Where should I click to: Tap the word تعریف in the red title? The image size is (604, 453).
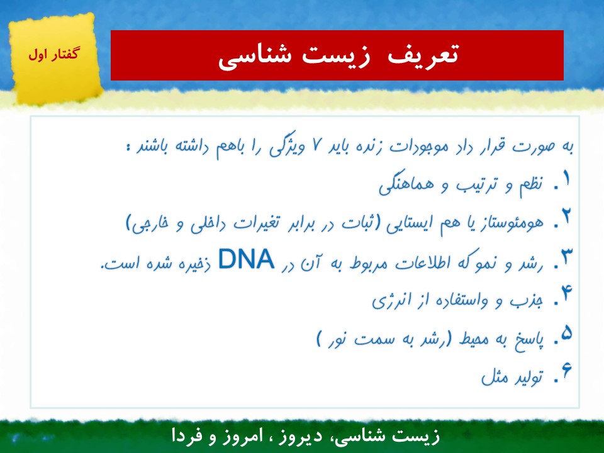(x=423, y=55)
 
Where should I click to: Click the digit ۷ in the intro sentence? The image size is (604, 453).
(x=317, y=145)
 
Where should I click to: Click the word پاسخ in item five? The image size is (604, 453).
(x=529, y=340)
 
